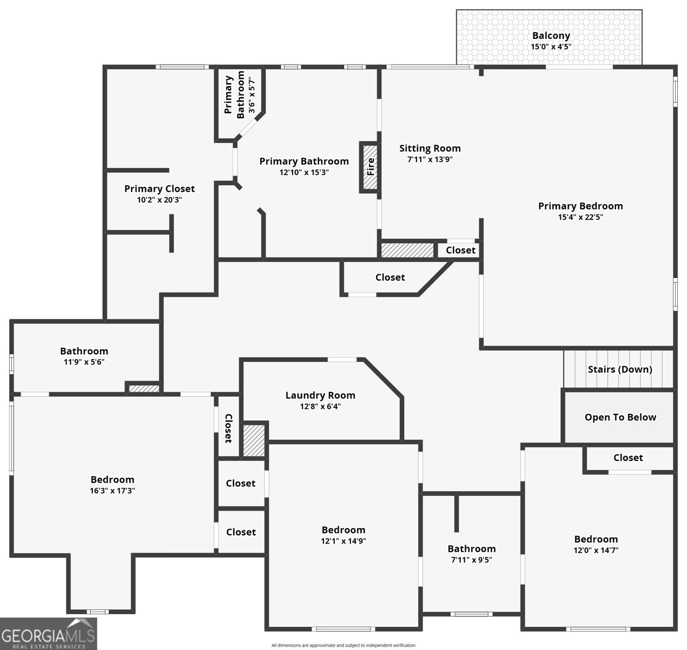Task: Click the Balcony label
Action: [551, 36]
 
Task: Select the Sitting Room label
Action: [430, 148]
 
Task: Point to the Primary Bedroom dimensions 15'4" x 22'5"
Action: [580, 217]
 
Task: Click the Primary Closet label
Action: [160, 189]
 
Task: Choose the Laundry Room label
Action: [320, 395]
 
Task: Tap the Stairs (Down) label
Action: [620, 369]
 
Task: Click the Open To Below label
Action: [620, 417]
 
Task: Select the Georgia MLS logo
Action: [49, 634]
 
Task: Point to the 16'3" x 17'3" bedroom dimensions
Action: [113, 490]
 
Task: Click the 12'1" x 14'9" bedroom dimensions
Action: [343, 541]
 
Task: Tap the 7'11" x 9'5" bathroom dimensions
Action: [472, 560]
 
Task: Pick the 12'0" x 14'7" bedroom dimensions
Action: [596, 550]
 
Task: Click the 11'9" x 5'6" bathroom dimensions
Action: [84, 362]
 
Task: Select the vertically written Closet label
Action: [229, 428]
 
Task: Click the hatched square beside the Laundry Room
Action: [254, 440]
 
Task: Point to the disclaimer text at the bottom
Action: [343, 645]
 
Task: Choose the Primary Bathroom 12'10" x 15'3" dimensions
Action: [304, 172]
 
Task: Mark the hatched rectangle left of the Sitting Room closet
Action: [407, 250]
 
